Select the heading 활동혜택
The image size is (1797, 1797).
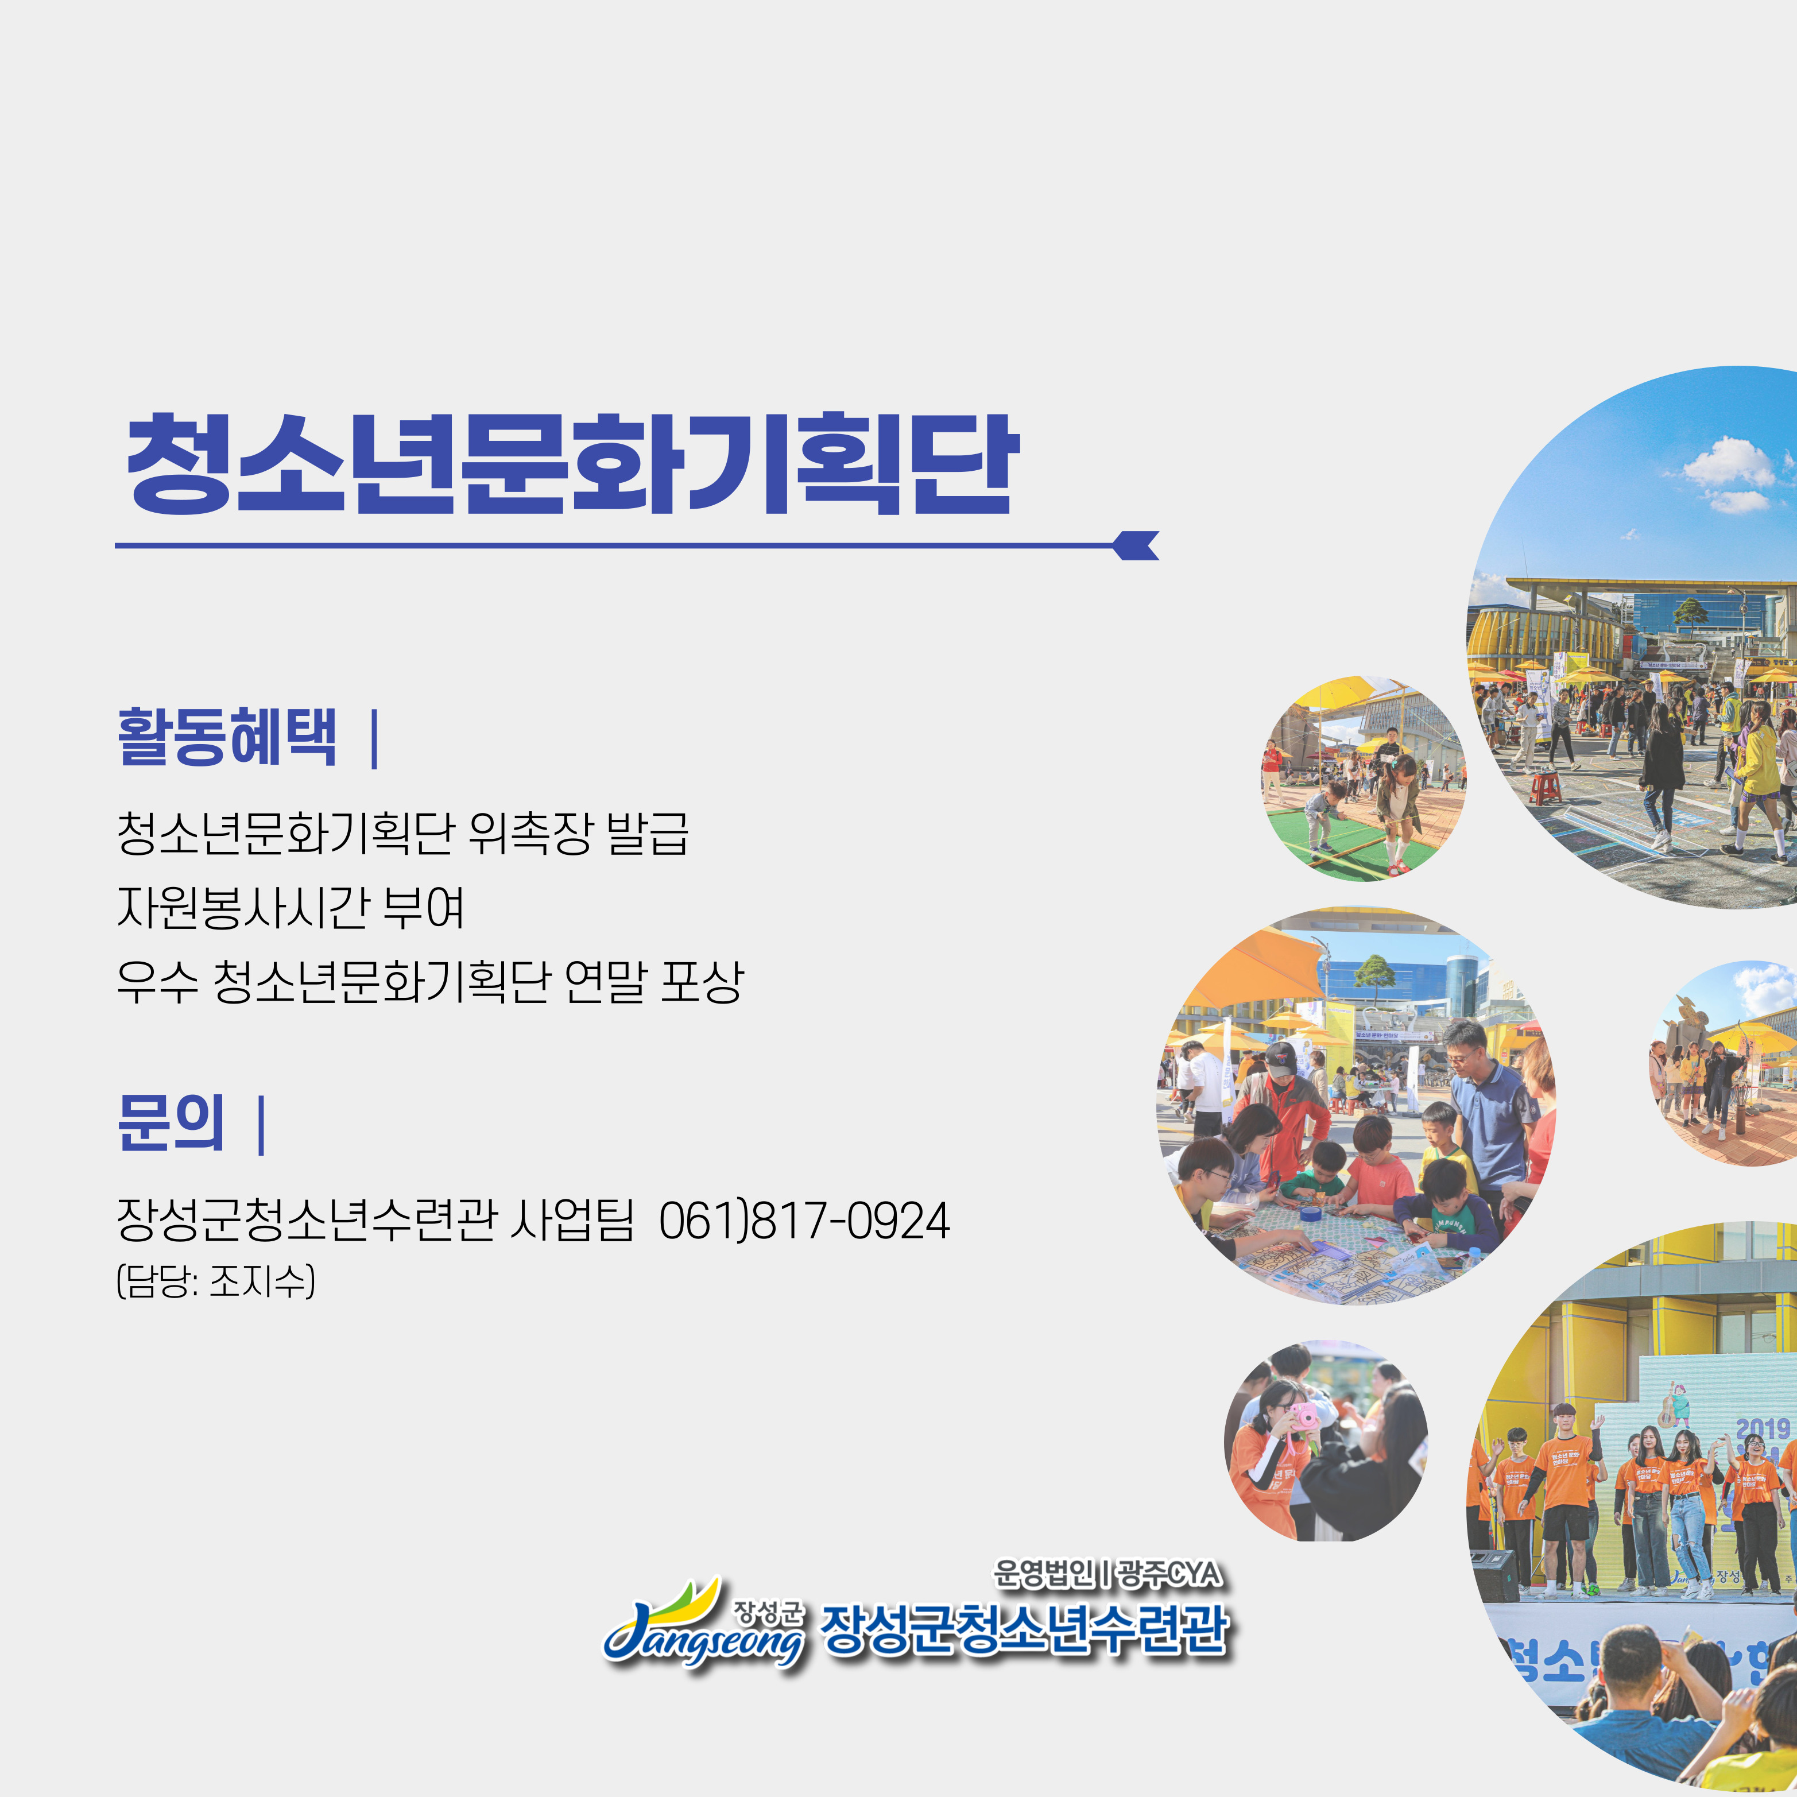coord(226,738)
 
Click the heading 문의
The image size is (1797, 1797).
coord(171,1122)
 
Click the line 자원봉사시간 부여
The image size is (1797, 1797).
coord(290,907)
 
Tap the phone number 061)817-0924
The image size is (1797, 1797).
coord(804,1221)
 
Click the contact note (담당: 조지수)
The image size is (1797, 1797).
coord(216,1281)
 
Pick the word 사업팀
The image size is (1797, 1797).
coord(572,1221)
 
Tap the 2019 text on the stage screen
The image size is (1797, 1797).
coord(1763,1428)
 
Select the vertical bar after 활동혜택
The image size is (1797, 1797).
coord(374,739)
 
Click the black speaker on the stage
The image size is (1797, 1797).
coord(1494,1575)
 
